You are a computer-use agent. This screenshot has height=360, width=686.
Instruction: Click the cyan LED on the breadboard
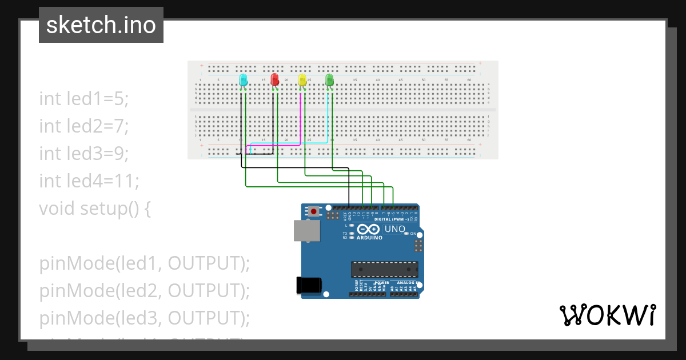[243, 80]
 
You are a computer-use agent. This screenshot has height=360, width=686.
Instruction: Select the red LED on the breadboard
[274, 79]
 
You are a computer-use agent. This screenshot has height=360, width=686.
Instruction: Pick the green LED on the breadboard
[329, 80]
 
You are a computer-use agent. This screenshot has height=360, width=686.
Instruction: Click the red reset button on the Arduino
[313, 211]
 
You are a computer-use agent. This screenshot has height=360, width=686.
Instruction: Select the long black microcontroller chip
[384, 269]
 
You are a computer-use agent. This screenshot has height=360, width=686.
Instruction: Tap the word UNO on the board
[394, 229]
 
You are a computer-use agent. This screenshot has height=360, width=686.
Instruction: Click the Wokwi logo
[607, 315]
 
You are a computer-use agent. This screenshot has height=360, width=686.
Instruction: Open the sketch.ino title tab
[101, 25]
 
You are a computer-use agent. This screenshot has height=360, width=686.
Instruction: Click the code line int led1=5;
[84, 98]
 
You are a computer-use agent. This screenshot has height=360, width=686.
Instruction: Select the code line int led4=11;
[89, 181]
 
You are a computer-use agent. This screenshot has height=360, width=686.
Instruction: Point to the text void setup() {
[95, 209]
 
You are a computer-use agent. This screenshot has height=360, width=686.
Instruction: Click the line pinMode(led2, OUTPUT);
[145, 291]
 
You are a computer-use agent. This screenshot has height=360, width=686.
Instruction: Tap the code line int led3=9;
[84, 153]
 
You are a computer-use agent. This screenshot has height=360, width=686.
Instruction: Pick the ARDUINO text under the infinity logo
[369, 238]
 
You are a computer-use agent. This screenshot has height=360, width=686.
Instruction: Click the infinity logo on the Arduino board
[369, 229]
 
